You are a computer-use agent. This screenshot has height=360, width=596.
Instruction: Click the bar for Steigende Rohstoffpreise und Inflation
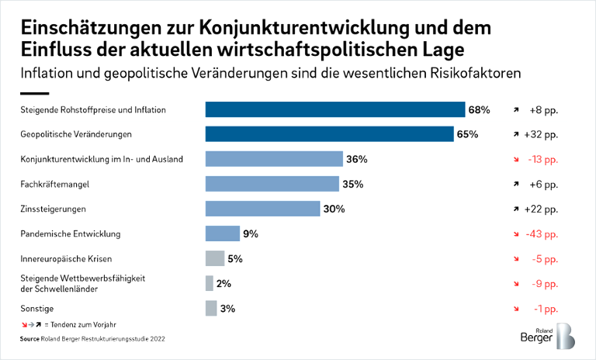pos(334,109)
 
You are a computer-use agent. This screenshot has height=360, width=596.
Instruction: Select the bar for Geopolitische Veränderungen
pos(329,134)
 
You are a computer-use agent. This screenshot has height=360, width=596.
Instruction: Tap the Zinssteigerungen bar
pos(262,209)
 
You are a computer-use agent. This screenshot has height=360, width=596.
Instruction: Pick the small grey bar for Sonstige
pos(211,308)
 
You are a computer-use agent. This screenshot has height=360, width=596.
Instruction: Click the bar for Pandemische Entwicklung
pos(222,234)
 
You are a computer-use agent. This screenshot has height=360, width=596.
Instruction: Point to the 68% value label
pos(479,109)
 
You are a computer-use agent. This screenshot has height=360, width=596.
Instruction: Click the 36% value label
pos(356,159)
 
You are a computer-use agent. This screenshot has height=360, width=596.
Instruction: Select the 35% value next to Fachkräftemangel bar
pos(352,184)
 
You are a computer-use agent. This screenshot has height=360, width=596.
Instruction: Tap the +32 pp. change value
pos(541,134)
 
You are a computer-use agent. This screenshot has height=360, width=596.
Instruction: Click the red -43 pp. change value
pos(541,234)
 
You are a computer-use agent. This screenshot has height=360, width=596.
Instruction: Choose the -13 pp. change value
pos(541,159)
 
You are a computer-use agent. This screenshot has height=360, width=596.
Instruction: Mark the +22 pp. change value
pos(541,209)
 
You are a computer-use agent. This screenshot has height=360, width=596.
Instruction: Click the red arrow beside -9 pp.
pos(515,283)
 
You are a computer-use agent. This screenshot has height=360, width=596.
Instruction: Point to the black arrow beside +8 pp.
pos(515,109)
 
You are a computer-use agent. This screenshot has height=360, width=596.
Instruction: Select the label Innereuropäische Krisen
pos(64,258)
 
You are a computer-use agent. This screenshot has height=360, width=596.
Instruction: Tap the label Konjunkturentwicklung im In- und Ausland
pos(101,159)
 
